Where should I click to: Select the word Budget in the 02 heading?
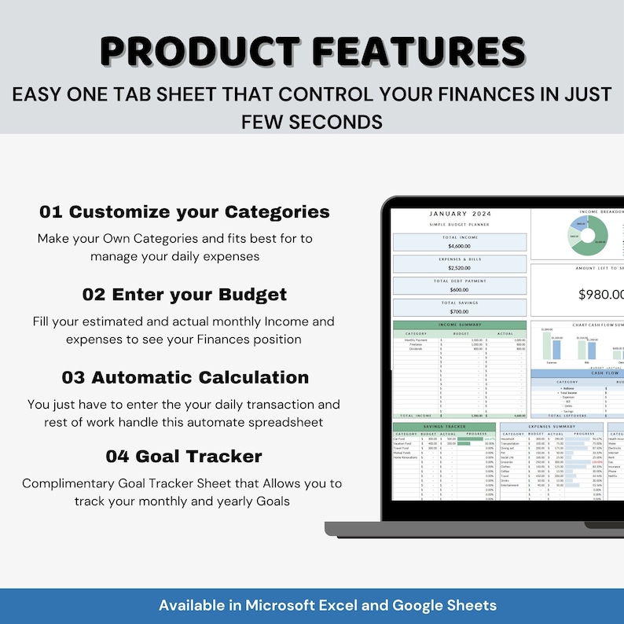tap(251, 295)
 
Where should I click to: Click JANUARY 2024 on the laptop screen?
tap(461, 213)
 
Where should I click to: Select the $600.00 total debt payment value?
tap(460, 289)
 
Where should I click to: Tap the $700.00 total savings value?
tap(460, 310)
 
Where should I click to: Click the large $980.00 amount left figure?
tap(601, 295)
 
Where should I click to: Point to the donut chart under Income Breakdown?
tap(588, 235)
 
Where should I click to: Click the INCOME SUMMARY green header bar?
tap(460, 325)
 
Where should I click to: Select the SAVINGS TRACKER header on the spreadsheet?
tap(443, 427)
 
